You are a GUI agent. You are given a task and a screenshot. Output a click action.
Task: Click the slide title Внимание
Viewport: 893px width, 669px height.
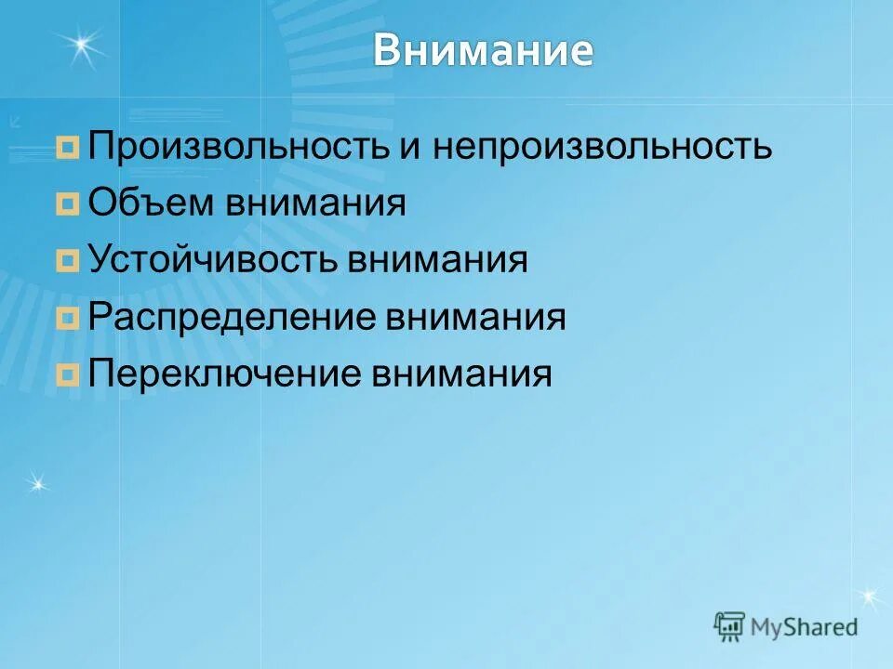(483, 51)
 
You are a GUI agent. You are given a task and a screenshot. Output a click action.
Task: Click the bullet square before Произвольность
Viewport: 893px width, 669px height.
(67, 148)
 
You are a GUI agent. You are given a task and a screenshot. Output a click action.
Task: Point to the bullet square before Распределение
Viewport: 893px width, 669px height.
(67, 319)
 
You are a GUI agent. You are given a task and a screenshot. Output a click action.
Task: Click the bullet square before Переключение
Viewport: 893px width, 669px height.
(67, 375)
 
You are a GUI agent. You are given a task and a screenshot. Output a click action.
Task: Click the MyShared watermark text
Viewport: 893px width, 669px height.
(804, 626)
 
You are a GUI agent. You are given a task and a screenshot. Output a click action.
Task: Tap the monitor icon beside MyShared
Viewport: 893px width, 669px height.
(730, 626)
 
